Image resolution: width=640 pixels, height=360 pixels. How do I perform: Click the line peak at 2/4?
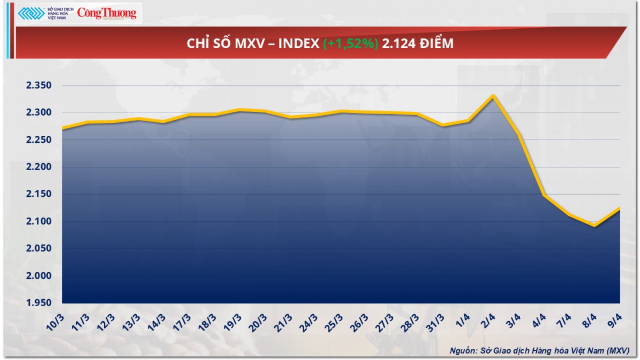(x=493, y=96)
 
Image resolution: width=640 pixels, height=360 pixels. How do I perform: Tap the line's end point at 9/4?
(x=619, y=208)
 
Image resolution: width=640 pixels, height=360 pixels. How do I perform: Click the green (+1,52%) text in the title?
(x=351, y=44)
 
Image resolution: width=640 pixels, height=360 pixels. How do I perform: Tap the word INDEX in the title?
(x=300, y=44)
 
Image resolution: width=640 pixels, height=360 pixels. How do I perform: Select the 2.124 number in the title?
(x=398, y=44)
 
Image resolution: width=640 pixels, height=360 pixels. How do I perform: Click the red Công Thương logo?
(x=107, y=13)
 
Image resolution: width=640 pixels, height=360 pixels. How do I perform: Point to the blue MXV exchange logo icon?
(x=31, y=13)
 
